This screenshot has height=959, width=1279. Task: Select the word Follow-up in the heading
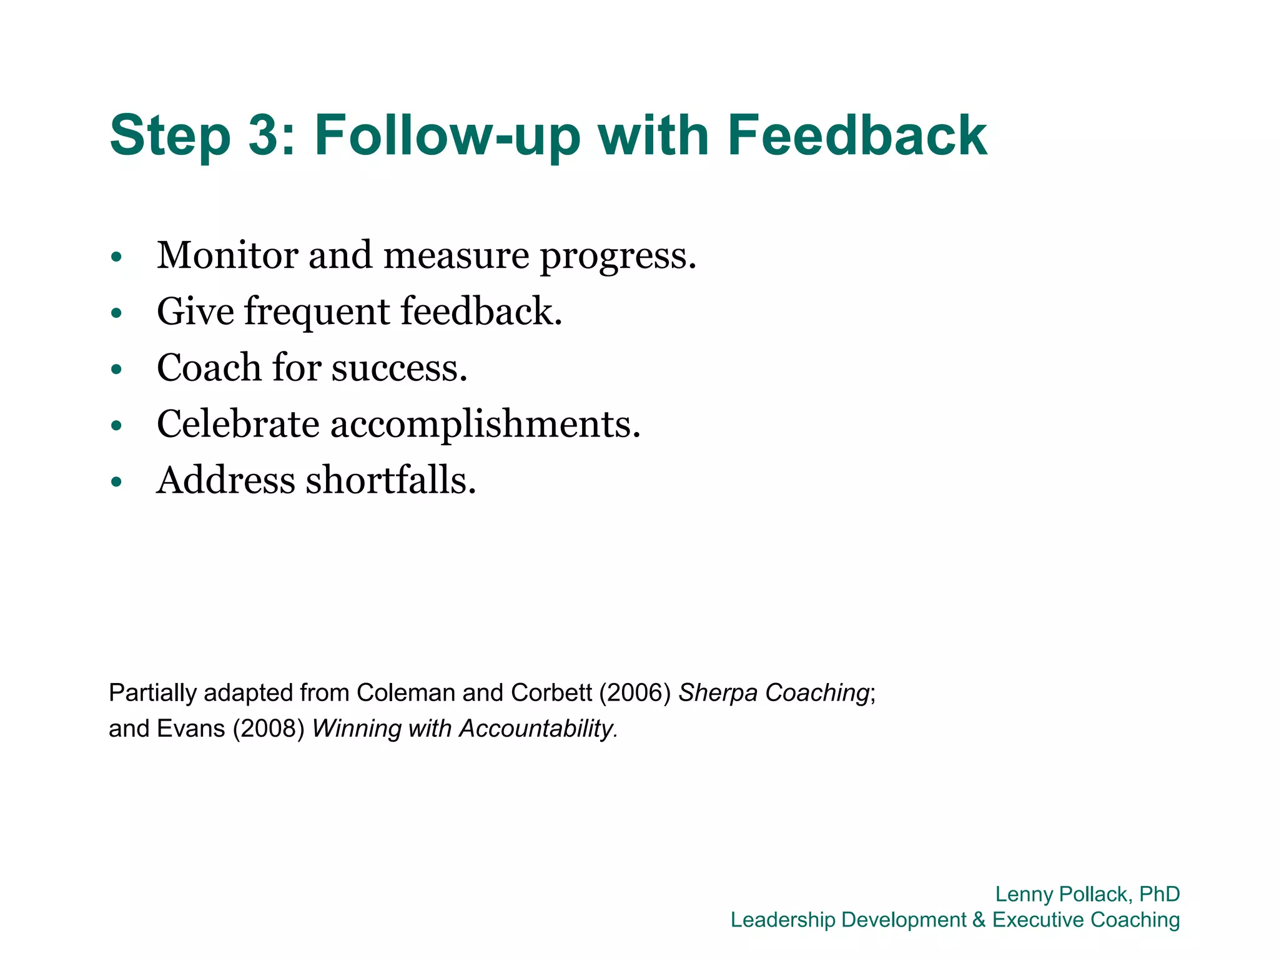click(447, 136)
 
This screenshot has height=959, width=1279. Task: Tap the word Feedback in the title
click(857, 135)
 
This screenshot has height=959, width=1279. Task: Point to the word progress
click(618, 257)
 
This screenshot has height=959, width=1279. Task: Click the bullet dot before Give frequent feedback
click(116, 312)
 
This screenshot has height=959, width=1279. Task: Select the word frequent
click(317, 312)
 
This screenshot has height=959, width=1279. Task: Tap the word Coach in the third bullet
click(209, 368)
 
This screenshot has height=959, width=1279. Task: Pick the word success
click(399, 368)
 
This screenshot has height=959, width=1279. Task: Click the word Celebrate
click(238, 424)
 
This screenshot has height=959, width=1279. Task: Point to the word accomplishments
click(485, 425)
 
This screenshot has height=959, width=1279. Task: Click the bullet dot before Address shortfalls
click(116, 481)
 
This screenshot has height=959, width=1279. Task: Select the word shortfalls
click(391, 481)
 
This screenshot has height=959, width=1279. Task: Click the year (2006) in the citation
click(635, 693)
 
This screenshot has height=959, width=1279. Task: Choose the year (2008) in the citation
click(269, 729)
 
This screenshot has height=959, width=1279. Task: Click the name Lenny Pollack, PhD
click(1087, 894)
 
